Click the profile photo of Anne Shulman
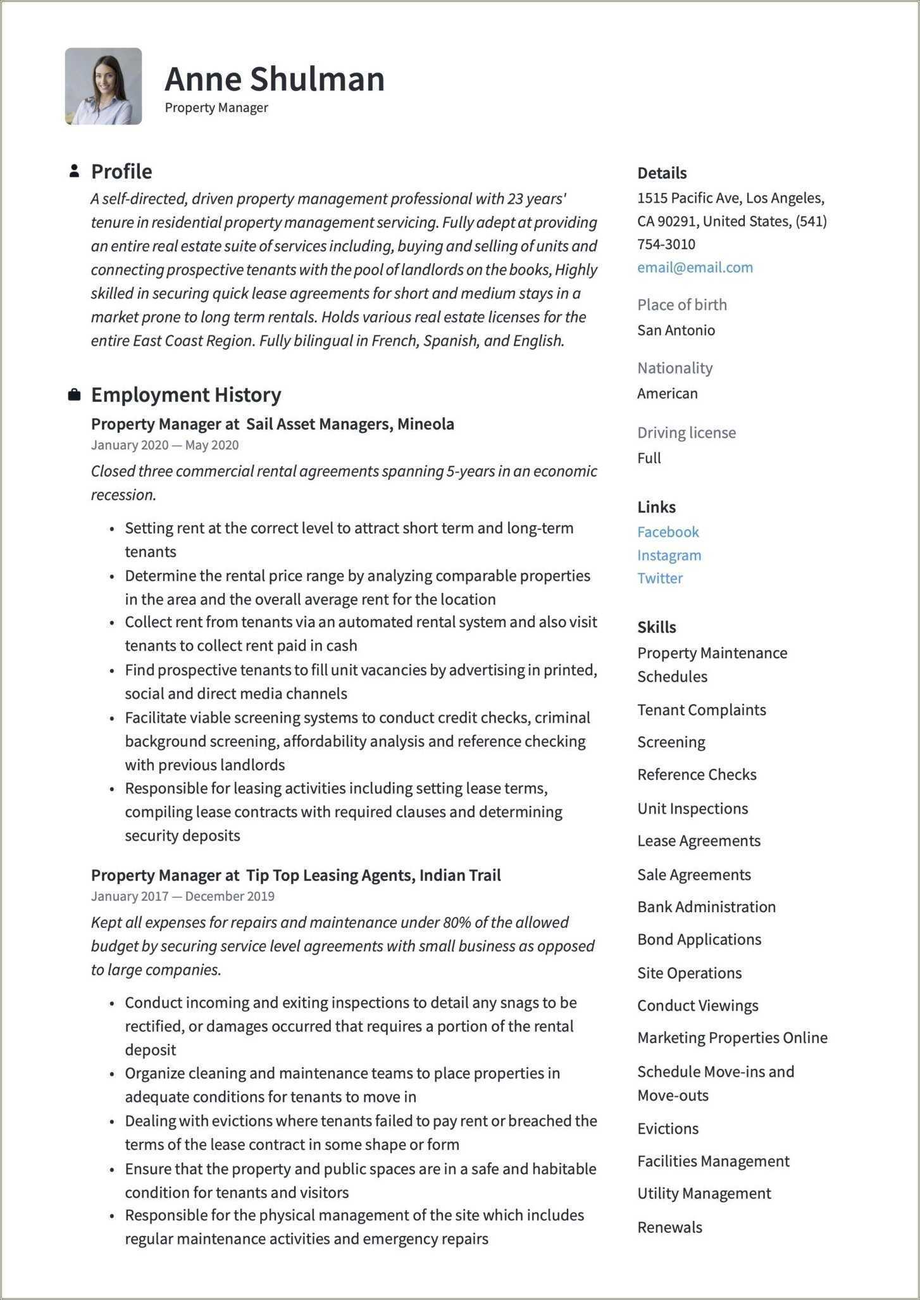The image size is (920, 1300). click(103, 86)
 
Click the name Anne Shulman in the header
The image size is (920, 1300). click(274, 79)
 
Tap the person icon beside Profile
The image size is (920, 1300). click(74, 171)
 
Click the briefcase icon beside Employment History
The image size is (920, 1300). click(74, 395)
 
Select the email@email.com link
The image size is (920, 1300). click(695, 267)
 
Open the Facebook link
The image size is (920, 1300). click(668, 532)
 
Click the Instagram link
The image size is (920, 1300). click(669, 555)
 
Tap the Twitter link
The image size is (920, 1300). click(659, 578)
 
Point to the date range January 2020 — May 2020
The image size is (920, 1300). click(165, 445)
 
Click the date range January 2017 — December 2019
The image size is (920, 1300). click(182, 896)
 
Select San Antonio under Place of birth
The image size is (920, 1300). click(676, 330)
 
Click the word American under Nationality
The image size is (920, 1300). click(667, 393)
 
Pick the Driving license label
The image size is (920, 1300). click(686, 432)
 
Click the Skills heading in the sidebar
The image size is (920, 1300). click(656, 627)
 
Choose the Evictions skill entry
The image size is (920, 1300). click(668, 1128)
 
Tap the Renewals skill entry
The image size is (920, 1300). click(669, 1227)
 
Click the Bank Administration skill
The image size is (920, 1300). click(706, 906)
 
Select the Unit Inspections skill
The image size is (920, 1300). click(692, 808)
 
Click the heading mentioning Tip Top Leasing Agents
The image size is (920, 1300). click(295, 875)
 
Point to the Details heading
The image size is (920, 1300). click(661, 173)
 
